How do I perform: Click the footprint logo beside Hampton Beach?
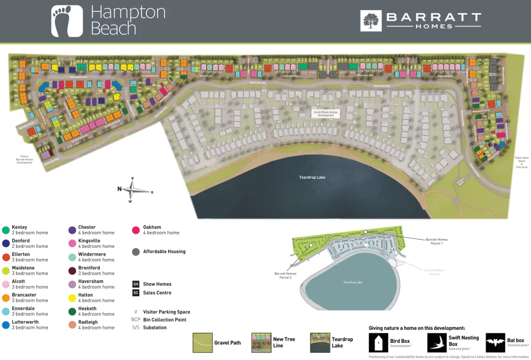click(63, 21)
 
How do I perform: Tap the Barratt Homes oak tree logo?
click(371, 21)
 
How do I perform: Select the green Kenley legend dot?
click(5, 230)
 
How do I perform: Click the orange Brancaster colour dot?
click(5, 297)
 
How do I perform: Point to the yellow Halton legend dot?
click(72, 297)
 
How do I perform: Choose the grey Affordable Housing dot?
click(136, 251)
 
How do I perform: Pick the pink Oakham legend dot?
click(136, 230)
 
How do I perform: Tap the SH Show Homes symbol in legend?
click(136, 284)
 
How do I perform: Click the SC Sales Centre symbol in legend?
click(136, 293)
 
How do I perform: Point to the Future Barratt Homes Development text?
click(24, 159)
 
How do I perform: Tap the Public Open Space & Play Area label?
click(522, 162)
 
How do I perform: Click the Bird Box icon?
click(378, 342)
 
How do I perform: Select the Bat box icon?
click(495, 342)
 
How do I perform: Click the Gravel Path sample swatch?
click(202, 342)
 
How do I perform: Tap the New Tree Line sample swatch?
click(261, 342)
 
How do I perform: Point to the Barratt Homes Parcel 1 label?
click(437, 241)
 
